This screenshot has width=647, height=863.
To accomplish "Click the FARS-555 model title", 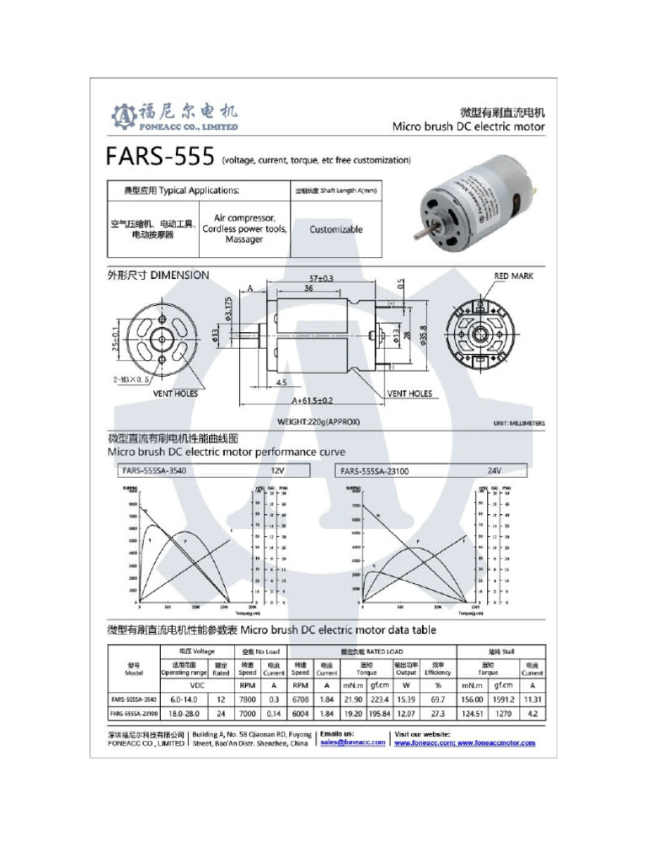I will pos(159,158).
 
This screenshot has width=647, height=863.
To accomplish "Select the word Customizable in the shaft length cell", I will pos(335,229).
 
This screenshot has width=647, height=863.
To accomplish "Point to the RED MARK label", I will pos(513,276).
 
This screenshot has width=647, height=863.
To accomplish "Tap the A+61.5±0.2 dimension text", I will pos(312,400).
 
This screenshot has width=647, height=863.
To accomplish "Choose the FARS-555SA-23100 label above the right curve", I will pos(376,470).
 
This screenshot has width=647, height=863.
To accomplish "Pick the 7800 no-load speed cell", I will pos(247,700).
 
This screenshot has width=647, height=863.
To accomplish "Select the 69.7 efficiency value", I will pos(437,700).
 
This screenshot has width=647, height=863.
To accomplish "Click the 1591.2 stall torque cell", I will pos(503,700).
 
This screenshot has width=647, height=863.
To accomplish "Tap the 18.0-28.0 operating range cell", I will pos(184,714).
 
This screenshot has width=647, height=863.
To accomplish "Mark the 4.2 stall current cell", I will pos(532,714).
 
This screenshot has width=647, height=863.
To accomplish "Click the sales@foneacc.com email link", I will pos(352,742).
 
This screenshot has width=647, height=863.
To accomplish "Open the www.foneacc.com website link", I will pos(425,743).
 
